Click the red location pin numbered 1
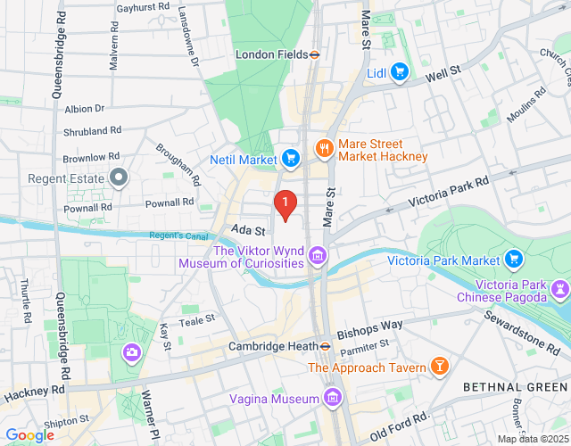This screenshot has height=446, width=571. pyautogui.click(x=285, y=205)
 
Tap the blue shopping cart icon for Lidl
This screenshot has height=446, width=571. pyautogui.click(x=399, y=72)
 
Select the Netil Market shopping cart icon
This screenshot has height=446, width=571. pyautogui.click(x=290, y=160)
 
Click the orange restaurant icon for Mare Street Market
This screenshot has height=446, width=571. pyautogui.click(x=323, y=150)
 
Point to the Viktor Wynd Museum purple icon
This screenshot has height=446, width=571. pyautogui.click(x=316, y=258)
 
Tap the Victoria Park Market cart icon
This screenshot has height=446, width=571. pyautogui.click(x=513, y=260)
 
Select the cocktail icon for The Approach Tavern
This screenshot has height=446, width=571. pyautogui.click(x=439, y=367)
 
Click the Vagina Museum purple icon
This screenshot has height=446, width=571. pyautogui.click(x=333, y=397)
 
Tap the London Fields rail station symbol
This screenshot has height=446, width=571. pyautogui.click(x=315, y=54)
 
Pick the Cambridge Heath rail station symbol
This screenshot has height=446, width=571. pyautogui.click(x=327, y=346)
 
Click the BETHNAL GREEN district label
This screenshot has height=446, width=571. pyautogui.click(x=515, y=385)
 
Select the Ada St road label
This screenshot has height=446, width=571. pyautogui.click(x=241, y=229)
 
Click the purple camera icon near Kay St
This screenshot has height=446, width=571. pyautogui.click(x=132, y=352)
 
